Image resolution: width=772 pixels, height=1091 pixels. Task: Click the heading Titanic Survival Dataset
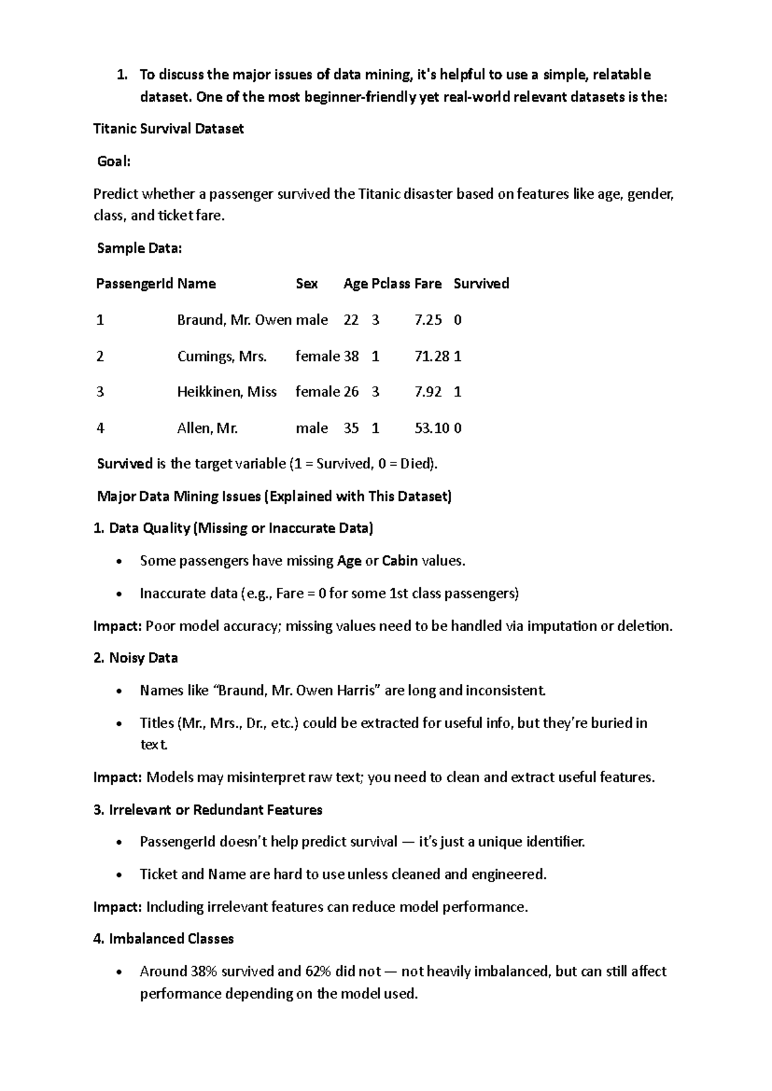169,129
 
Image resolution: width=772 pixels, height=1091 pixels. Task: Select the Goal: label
114,161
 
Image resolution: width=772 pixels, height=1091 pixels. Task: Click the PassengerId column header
134,284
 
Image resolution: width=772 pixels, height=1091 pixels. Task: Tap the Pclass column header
391,284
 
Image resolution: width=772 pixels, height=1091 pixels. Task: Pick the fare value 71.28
432,356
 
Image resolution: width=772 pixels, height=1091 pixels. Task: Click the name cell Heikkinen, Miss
226,392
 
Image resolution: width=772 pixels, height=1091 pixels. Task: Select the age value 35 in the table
351,428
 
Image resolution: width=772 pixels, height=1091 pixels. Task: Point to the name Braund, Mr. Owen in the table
234,320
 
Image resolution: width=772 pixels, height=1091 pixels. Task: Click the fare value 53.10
432,428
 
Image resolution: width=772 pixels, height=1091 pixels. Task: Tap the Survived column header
481,284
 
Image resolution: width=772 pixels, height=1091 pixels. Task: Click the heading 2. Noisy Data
136,658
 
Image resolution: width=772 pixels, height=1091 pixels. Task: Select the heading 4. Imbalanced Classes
163,939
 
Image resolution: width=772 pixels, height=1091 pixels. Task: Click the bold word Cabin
400,561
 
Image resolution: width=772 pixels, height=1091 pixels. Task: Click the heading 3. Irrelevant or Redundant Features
208,810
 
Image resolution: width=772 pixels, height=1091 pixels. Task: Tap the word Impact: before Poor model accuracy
117,626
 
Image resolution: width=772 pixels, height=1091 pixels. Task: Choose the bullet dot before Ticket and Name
119,876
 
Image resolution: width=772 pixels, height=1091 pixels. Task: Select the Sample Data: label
139,248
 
